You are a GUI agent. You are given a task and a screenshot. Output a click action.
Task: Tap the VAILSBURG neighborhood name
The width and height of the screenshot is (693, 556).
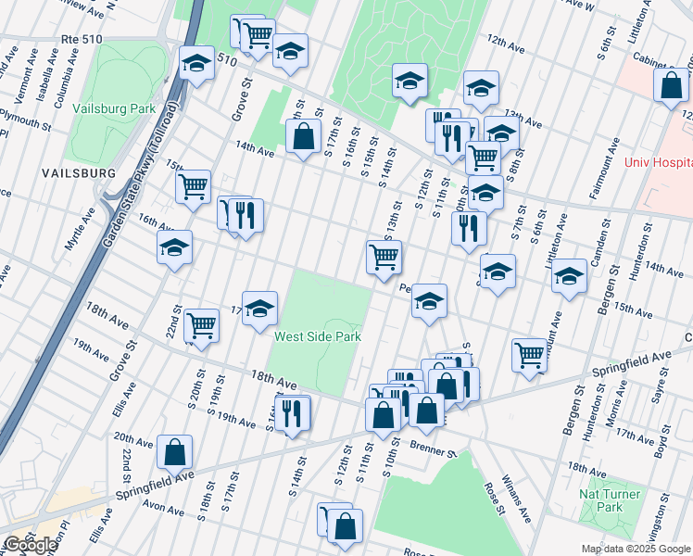click(78, 173)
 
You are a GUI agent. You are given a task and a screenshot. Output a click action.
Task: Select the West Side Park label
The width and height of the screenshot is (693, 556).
click(317, 336)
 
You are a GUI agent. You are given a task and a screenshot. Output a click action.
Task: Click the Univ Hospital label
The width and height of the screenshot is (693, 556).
click(658, 162)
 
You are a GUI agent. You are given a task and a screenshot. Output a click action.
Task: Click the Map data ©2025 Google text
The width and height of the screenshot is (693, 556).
click(635, 549)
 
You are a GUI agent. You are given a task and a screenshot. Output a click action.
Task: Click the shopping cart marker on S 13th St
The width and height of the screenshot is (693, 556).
click(384, 257)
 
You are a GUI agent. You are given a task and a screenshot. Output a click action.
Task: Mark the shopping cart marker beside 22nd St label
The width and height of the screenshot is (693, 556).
click(201, 325)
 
